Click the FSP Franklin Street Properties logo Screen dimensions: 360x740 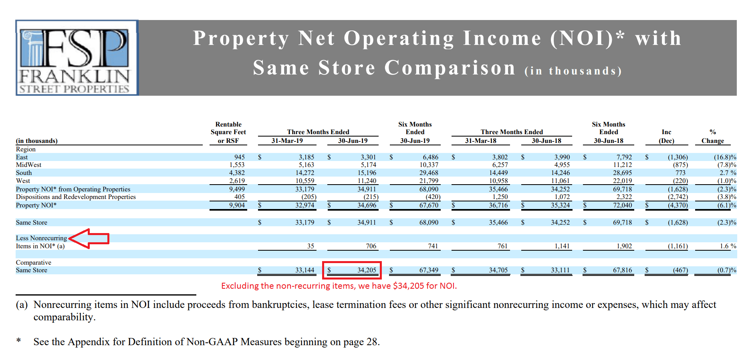pyautogui.click(x=77, y=58)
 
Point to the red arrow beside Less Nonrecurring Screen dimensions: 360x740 pyautogui.click(x=89, y=239)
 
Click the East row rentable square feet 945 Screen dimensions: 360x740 pyautogui.click(x=239, y=157)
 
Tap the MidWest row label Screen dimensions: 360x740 pyautogui.click(x=28, y=165)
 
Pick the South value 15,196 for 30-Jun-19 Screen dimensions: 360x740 pyautogui.click(x=367, y=173)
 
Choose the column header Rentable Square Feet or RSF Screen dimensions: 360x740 pyautogui.click(x=228, y=133)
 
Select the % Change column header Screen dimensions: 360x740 pyautogui.click(x=712, y=137)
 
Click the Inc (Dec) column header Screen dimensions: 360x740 pyautogui.click(x=666, y=137)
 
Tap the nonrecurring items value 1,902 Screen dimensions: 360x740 pyautogui.click(x=624, y=246)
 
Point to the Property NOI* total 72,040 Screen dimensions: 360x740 pyautogui.click(x=622, y=205)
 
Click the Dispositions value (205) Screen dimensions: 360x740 pyautogui.click(x=309, y=197)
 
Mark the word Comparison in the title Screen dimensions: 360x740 pyautogui.click(x=450, y=68)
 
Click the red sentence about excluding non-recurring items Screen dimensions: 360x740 pyautogui.click(x=339, y=286)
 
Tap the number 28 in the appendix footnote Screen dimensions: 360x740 pyautogui.click(x=372, y=342)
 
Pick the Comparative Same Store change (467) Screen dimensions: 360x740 pyautogui.click(x=680, y=270)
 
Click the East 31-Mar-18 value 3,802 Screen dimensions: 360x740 pyautogui.click(x=500, y=157)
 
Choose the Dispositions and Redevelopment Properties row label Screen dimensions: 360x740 pyautogui.click(x=76, y=197)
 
